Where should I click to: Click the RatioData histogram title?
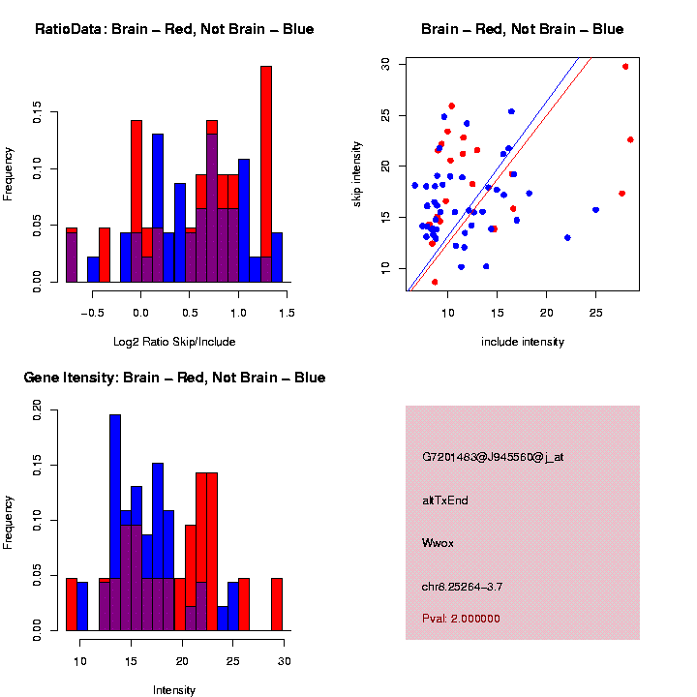[x=174, y=29]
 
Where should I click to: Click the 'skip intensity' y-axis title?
[x=357, y=173]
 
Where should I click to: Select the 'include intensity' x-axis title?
[x=523, y=341]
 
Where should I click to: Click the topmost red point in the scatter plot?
[x=625, y=67]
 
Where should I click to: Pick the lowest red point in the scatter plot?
[x=435, y=282]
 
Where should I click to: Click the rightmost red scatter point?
[x=630, y=139]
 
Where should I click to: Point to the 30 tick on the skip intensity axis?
[x=386, y=63]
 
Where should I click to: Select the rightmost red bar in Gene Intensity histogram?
[x=277, y=604]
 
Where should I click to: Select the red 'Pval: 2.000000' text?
[x=461, y=618]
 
